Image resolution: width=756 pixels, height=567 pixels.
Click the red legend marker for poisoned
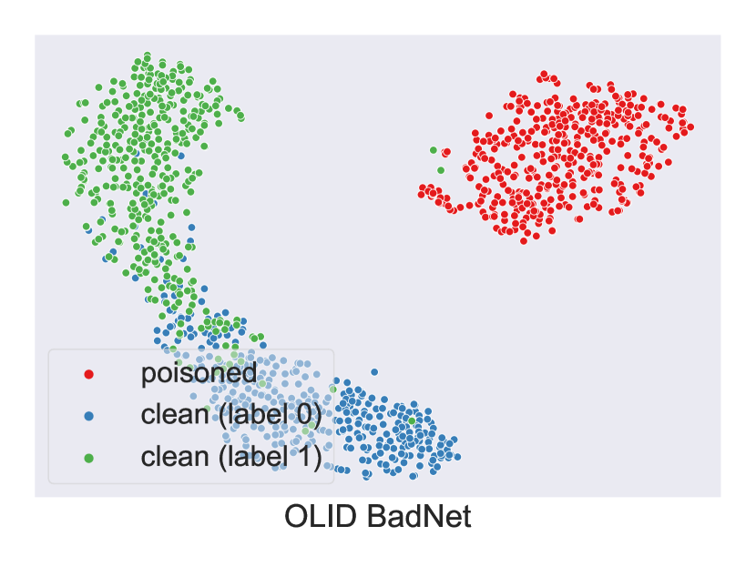click(88, 374)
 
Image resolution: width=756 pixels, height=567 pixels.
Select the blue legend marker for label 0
click(88, 416)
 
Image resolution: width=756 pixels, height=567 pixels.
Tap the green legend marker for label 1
click(88, 458)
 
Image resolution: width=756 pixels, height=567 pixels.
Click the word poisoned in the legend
click(199, 373)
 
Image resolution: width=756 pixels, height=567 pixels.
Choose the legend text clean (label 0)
click(231, 414)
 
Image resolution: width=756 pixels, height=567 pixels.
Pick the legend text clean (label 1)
click(231, 457)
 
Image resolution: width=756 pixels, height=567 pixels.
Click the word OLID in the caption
click(320, 516)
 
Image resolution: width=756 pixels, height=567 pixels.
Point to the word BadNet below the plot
click(418, 516)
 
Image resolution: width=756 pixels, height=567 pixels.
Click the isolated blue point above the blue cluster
click(374, 372)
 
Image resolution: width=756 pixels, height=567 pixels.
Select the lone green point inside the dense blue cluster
click(412, 420)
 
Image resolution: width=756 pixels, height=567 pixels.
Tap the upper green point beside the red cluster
click(433, 150)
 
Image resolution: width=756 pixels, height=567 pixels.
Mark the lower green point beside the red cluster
click(441, 170)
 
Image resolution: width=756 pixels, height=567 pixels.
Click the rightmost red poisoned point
click(690, 127)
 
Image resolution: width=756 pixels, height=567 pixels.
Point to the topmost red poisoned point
click(545, 75)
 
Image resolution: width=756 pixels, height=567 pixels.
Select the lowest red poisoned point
click(524, 241)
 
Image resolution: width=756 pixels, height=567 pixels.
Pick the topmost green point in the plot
click(148, 56)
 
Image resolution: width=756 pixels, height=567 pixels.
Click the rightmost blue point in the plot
click(457, 457)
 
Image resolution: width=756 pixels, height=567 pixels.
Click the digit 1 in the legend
click(302, 457)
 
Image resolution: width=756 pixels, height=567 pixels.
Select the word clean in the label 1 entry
click(175, 457)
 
